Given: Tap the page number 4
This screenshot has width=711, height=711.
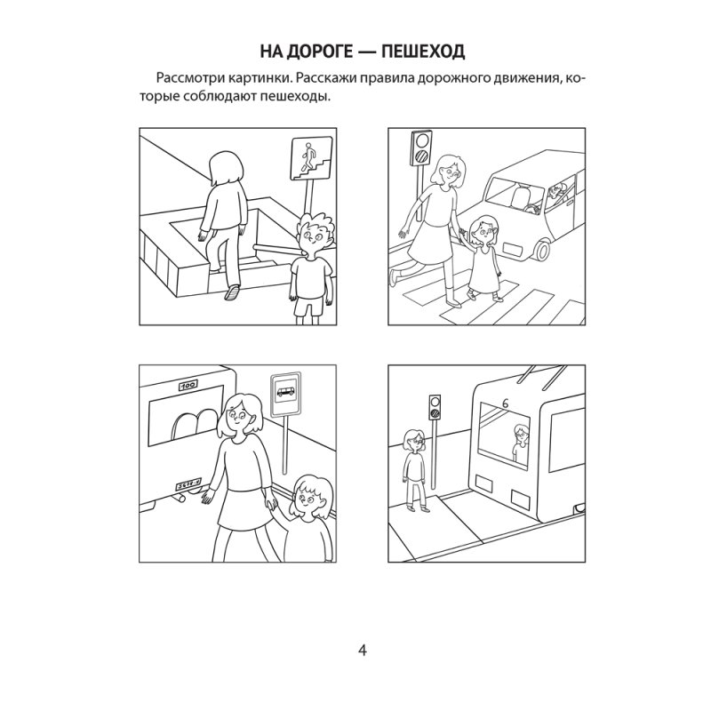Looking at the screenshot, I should [362, 650].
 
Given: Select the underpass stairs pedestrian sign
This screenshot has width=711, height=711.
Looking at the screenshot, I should [305, 156].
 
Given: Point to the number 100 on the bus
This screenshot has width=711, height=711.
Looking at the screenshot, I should [188, 387].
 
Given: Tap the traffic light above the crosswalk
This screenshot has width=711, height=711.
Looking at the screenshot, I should [420, 148].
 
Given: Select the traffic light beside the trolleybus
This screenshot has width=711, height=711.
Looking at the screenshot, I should [435, 405].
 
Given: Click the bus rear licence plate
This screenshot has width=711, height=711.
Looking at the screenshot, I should [187, 482].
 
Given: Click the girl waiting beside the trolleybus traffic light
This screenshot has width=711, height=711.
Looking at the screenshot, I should [413, 468].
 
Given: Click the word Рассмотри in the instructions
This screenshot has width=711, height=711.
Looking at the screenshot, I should [186, 80].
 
